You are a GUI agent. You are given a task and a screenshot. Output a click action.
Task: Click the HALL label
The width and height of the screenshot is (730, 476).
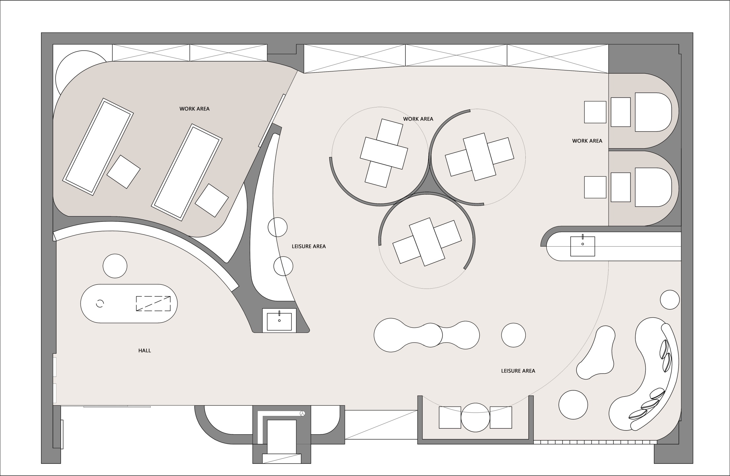click(x=144, y=350)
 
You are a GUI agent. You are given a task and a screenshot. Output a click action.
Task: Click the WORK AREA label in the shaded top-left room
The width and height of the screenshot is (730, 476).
click(x=194, y=109)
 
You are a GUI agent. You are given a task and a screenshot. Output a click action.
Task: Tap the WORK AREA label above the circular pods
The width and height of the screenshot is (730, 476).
click(x=418, y=119)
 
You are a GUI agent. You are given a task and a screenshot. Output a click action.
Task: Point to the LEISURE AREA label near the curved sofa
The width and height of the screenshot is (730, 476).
click(x=518, y=371)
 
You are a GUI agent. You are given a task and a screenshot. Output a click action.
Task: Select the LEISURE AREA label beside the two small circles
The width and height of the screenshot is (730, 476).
click(x=308, y=246)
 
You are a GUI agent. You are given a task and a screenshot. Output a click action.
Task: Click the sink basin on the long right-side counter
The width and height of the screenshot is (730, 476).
click(x=583, y=246)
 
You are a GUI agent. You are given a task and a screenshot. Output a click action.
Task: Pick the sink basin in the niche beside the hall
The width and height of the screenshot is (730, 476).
click(x=279, y=320)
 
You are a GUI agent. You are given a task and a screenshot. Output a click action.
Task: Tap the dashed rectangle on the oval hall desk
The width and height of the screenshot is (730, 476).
click(x=153, y=303)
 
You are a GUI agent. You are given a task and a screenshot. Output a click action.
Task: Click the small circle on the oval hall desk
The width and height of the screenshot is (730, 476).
click(x=100, y=303)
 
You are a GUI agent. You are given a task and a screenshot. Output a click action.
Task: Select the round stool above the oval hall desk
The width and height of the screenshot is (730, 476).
click(x=115, y=266)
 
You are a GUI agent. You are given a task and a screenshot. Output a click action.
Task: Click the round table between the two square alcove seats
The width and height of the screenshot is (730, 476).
click(x=475, y=417)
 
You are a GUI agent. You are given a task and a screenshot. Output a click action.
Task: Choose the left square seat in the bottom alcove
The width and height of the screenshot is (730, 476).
click(x=450, y=417)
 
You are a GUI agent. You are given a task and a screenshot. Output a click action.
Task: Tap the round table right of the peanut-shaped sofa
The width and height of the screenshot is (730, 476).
click(x=513, y=335)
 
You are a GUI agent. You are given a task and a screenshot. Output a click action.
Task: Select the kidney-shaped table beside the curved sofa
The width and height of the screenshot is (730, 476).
click(x=596, y=353)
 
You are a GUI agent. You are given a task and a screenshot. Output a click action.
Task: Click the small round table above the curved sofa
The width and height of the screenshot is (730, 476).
click(x=670, y=299)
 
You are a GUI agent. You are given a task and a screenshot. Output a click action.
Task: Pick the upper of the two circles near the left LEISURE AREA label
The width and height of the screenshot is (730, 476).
click(x=277, y=227)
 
